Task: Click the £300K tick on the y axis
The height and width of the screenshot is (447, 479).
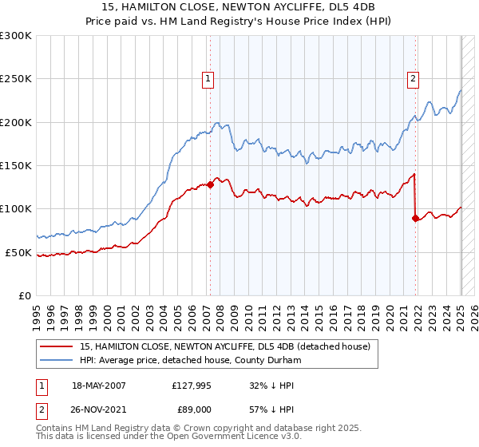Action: tap(16, 36)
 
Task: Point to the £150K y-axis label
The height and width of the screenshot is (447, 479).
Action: tap(16, 165)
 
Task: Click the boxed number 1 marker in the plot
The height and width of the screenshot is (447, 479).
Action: tap(208, 78)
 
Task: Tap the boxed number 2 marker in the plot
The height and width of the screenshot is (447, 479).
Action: tap(414, 78)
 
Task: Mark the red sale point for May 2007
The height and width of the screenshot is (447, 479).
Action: tap(210, 184)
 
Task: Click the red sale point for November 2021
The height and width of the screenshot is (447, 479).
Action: tap(416, 218)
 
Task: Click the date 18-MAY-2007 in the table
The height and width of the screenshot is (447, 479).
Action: tap(99, 386)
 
